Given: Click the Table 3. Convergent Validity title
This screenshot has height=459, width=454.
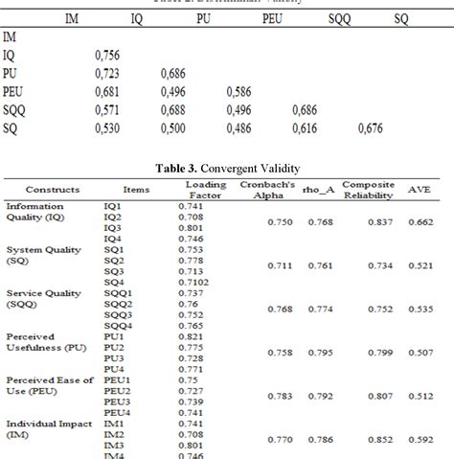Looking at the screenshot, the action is tap(228, 167).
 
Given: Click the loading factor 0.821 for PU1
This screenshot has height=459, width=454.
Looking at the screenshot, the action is tap(194, 337).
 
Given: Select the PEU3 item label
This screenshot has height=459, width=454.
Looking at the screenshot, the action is tap(118, 402).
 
